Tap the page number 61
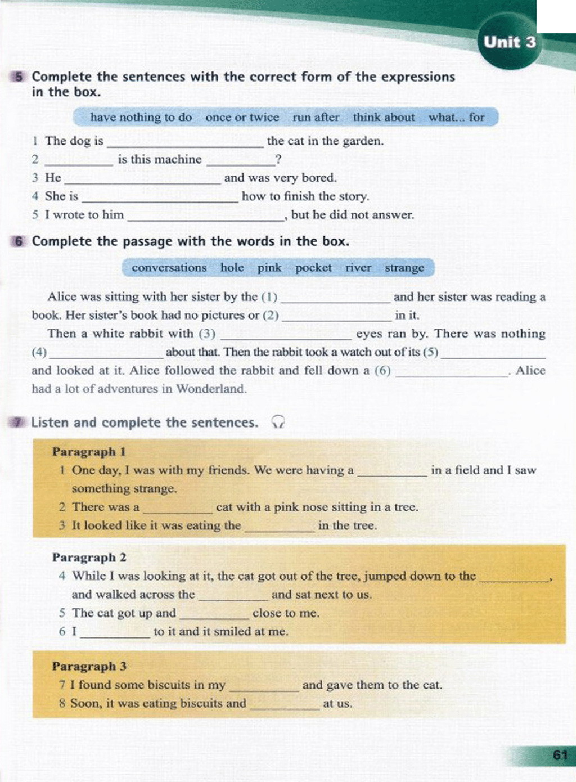point(560,755)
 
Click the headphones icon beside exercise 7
point(278,422)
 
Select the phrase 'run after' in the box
point(316,117)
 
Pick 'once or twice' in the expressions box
point(242,117)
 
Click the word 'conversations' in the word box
point(169,268)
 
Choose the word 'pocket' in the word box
point(313,268)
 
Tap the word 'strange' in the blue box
point(404,268)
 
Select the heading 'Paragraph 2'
point(89,558)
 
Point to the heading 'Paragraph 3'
point(89,666)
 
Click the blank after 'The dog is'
point(184,142)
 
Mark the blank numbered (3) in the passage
point(286,334)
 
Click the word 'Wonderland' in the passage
point(211,389)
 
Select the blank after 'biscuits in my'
point(264,686)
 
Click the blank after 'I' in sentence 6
point(115,632)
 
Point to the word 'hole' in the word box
point(232,268)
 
